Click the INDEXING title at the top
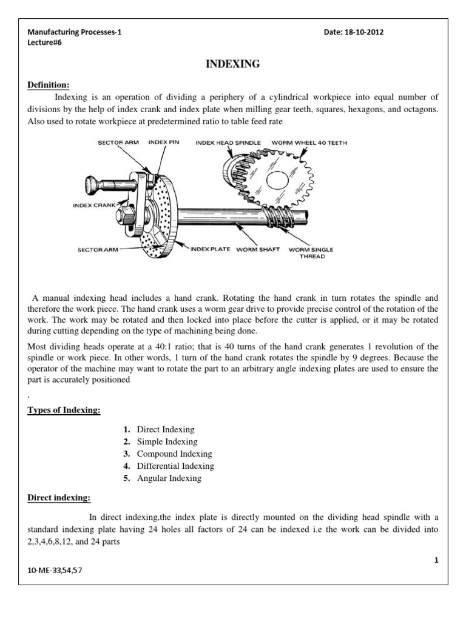(233, 64)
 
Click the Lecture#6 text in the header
(45, 43)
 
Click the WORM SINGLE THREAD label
(311, 252)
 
